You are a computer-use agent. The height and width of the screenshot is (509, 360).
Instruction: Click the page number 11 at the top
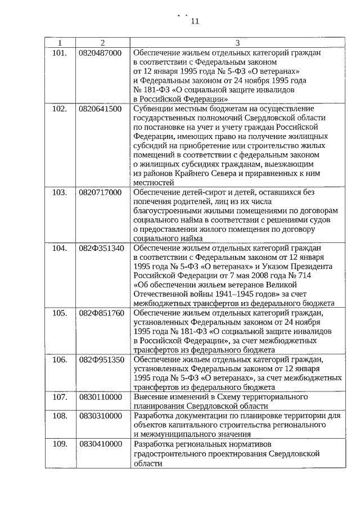(195, 22)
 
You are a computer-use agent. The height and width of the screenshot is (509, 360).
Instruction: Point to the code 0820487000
(100, 53)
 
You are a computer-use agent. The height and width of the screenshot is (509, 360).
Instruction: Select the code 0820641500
(100, 109)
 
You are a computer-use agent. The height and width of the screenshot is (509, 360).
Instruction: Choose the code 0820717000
(100, 192)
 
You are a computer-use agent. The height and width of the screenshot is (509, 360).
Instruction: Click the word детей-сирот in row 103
(202, 192)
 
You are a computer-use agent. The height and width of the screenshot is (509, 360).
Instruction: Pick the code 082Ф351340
(101, 247)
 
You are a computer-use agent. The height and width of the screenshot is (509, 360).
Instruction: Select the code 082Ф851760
(101, 312)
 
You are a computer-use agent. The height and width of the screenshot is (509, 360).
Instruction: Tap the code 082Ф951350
(101, 359)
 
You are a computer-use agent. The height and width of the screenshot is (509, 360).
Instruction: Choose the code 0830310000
(100, 415)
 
